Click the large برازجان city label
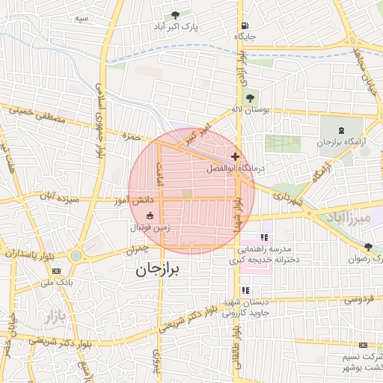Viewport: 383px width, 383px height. click(x=159, y=272)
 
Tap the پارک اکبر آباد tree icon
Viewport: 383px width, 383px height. click(x=175, y=15)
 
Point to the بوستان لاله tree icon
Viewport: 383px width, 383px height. click(x=250, y=97)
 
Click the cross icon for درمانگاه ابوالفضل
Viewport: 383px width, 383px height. click(x=236, y=156)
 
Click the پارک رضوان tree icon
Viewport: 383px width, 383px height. click(x=367, y=247)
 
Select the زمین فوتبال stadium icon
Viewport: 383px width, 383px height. click(x=150, y=216)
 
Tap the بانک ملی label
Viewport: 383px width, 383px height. click(x=56, y=284)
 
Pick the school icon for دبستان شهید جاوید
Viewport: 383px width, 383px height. click(x=244, y=291)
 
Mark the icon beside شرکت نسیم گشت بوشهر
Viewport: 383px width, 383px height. click(x=363, y=345)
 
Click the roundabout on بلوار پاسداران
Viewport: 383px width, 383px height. click(x=76, y=256)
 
